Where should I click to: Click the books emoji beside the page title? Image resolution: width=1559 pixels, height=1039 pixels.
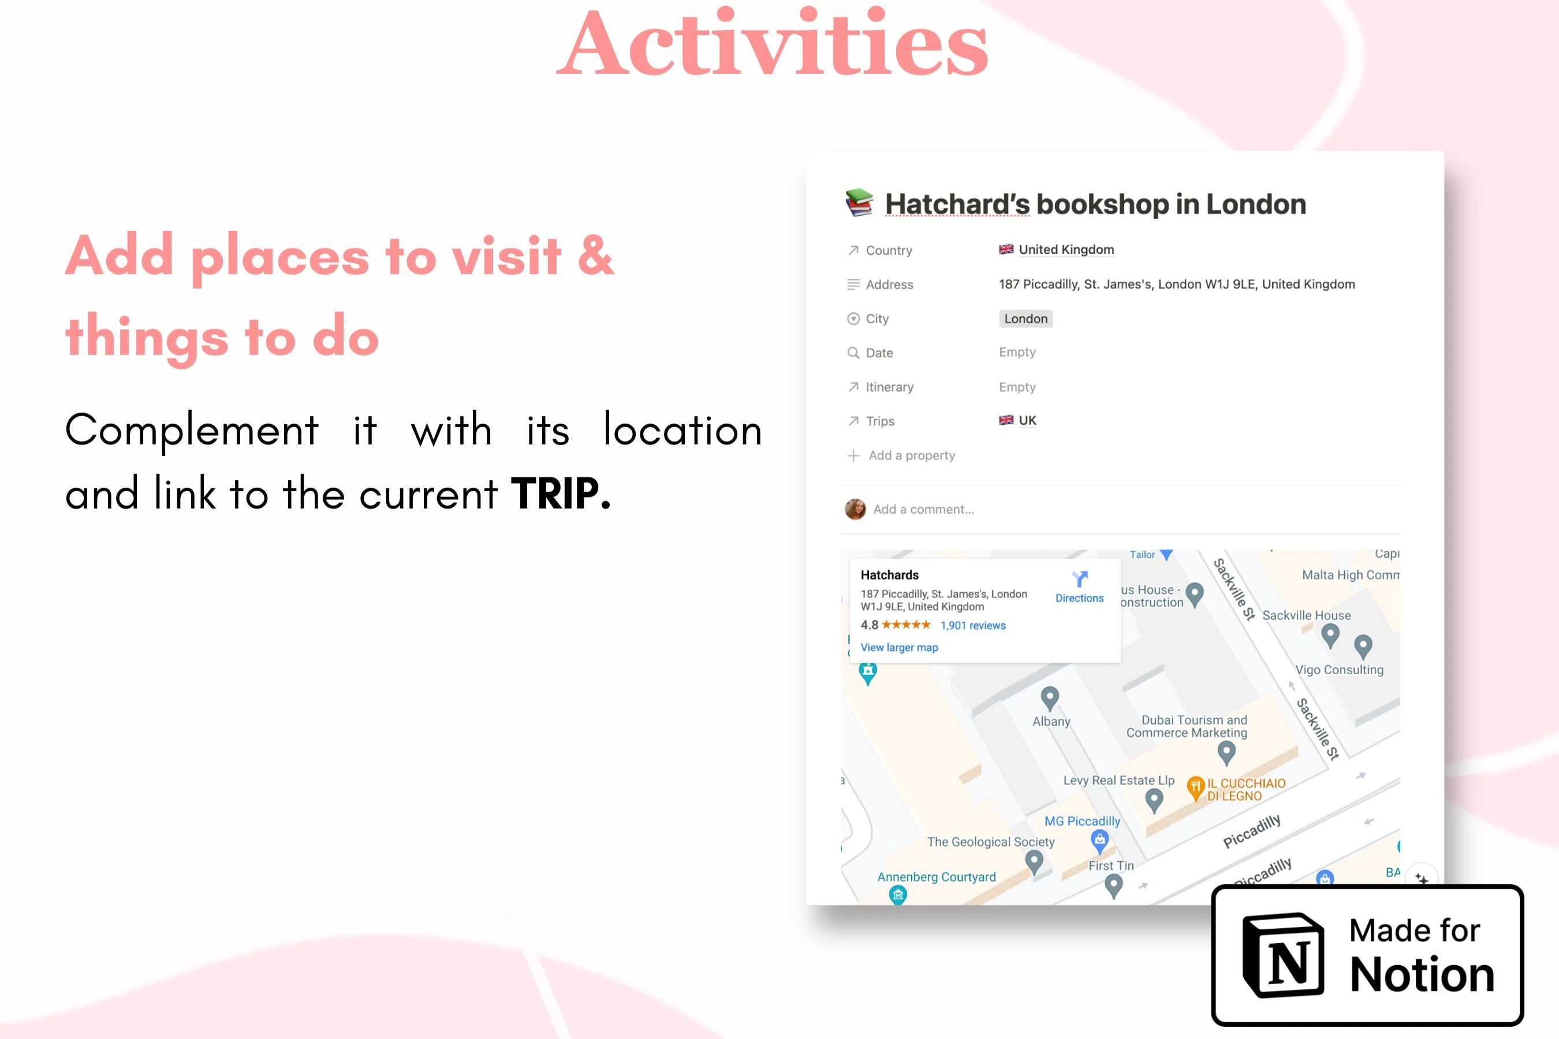tap(859, 203)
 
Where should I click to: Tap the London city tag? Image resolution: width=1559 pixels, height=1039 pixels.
tap(1025, 319)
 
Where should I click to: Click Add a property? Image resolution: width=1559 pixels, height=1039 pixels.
tap(911, 455)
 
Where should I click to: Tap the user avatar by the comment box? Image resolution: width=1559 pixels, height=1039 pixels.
tap(855, 509)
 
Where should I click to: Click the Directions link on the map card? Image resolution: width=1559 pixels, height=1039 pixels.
tap(1079, 597)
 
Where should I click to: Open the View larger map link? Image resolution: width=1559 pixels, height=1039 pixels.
tap(899, 648)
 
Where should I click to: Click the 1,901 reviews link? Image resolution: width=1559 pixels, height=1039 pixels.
tap(972, 626)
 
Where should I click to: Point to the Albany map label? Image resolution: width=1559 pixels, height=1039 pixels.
tap(1051, 722)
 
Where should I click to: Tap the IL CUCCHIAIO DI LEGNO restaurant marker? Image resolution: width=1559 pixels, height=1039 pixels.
tap(1195, 788)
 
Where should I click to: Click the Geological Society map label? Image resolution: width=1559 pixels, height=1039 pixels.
tap(991, 842)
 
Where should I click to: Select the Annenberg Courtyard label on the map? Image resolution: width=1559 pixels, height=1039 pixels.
tap(937, 877)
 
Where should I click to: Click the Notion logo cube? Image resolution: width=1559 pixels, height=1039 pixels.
tap(1283, 955)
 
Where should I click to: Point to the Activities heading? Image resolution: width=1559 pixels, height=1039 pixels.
tap(772, 43)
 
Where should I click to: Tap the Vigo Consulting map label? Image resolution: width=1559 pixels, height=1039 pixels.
tap(1340, 670)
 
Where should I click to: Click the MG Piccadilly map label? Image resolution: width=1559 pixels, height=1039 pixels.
tap(1083, 821)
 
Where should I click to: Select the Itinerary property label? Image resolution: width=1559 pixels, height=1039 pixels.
tap(890, 387)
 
